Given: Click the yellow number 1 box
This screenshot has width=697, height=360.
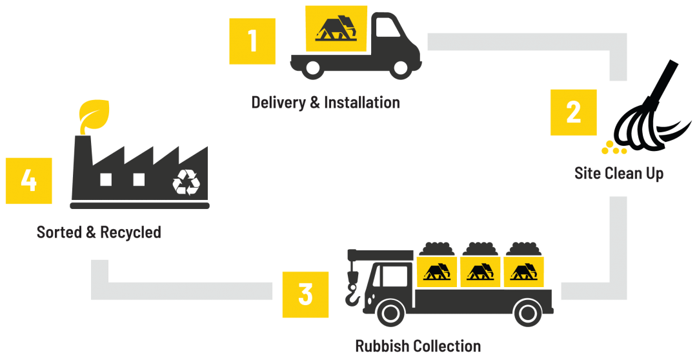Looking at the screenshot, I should coord(252,41).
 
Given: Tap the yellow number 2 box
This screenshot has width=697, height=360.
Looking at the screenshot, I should coord(573,112).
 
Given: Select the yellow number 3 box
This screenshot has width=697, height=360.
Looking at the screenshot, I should coord(305,294).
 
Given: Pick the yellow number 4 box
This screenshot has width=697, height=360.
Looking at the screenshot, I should coord(28,181).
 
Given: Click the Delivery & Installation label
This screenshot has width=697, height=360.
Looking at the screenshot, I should coord(325,102).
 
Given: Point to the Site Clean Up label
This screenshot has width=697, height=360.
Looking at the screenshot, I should coord(619,174).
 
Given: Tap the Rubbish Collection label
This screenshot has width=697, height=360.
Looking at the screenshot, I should coord(418,346).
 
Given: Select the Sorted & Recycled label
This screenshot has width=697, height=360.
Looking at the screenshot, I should coord(99,232).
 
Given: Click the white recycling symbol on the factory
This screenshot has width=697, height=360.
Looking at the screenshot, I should coord(186,182).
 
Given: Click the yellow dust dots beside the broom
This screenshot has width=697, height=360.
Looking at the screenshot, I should coord(613,148).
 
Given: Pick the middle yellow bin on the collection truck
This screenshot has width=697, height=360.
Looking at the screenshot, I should coord(480,272).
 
